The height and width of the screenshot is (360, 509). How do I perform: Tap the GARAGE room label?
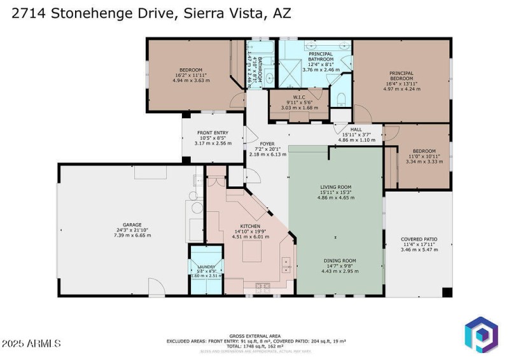[132, 225]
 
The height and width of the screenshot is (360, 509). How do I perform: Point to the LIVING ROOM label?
[335, 187]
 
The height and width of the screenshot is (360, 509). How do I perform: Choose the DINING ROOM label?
[338, 261]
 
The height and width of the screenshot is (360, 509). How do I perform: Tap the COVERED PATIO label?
[419, 239]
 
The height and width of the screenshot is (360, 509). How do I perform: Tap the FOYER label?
[267, 144]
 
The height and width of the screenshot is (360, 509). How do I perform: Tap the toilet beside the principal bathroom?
[340, 99]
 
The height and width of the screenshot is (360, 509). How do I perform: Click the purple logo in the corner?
[480, 336]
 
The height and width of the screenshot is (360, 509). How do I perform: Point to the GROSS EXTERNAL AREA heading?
[256, 336]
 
